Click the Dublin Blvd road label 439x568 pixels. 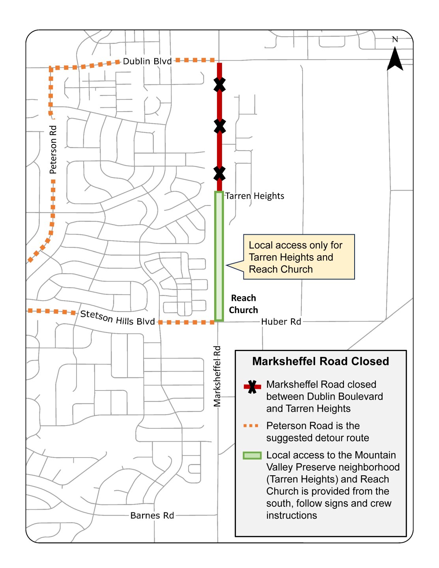point(147,61)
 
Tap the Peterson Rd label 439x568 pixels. point(53,149)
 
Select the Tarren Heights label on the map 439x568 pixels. point(254,196)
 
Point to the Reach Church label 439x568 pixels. point(243,304)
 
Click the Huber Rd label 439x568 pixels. point(281,322)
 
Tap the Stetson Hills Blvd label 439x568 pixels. point(118,318)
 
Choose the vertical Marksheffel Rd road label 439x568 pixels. point(217,376)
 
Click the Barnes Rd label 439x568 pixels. point(152,516)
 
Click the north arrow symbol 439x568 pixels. point(395,59)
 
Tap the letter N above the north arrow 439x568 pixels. point(395,39)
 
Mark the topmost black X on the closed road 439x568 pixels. point(220,84)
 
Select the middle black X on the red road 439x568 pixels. point(220,126)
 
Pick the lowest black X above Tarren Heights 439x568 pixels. point(220,173)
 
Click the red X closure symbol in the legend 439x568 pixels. point(252,387)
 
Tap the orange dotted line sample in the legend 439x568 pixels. point(252,426)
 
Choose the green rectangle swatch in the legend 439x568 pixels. point(252,456)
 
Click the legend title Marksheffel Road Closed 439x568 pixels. point(320,361)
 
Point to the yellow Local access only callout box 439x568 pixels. point(299,257)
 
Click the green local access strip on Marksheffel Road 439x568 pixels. point(219,256)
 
